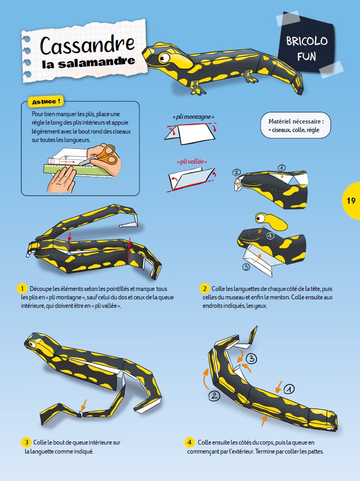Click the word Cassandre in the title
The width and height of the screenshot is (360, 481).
(x=88, y=45)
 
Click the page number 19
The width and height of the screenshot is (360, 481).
(x=351, y=201)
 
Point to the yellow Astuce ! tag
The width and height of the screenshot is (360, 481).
(x=46, y=101)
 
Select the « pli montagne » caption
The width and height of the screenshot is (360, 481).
(x=193, y=117)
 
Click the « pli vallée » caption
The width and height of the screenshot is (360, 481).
(x=192, y=162)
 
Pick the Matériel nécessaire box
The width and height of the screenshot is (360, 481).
(x=296, y=125)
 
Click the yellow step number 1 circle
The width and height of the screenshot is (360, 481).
(x=22, y=289)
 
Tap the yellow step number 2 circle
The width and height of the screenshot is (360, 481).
(x=204, y=289)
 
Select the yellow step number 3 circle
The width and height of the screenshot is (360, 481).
(x=26, y=442)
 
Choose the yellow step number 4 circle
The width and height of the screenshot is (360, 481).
(x=190, y=442)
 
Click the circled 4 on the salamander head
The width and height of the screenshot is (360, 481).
(x=270, y=236)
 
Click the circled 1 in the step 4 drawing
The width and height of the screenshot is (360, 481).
(x=289, y=389)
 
